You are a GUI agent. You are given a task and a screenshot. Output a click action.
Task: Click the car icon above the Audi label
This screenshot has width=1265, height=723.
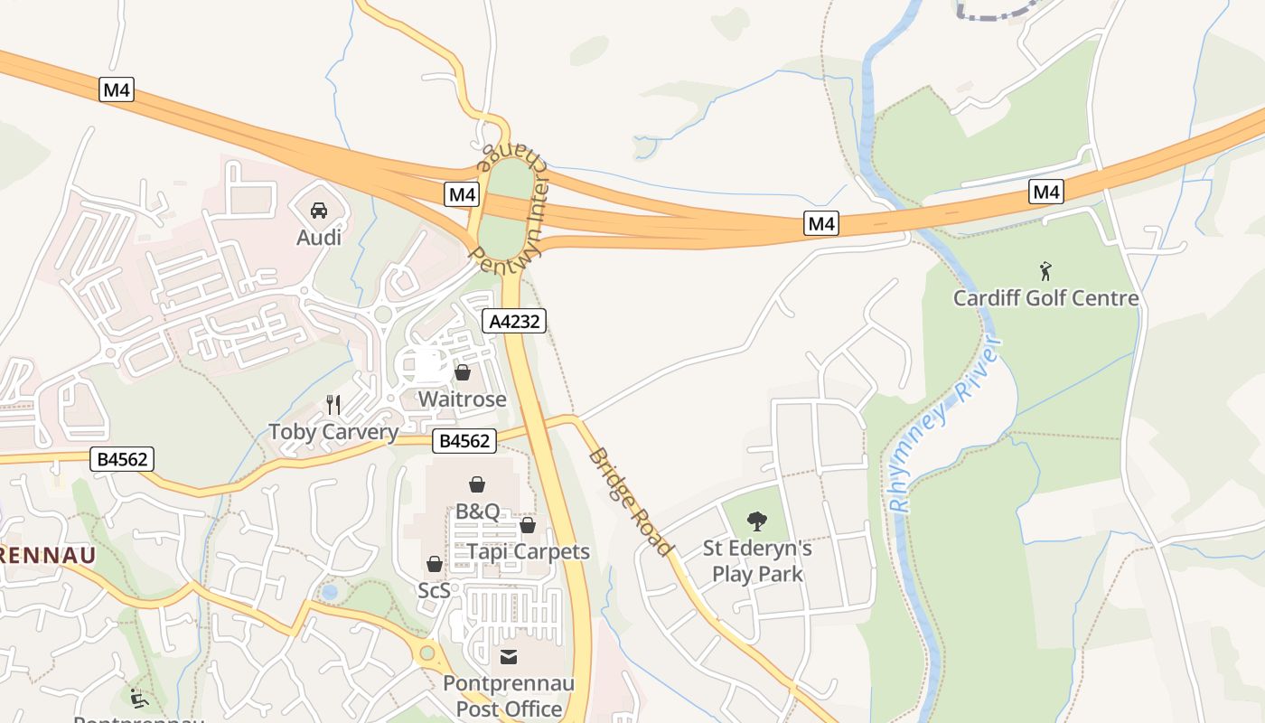pyautogui.click(x=319, y=211)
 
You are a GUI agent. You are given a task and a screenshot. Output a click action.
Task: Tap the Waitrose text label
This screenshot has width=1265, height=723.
pyautogui.click(x=462, y=399)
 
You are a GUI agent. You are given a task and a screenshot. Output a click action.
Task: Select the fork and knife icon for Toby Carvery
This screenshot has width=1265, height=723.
pyautogui.click(x=333, y=404)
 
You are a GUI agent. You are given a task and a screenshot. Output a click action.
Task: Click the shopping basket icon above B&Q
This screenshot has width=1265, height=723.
pyautogui.click(x=477, y=485)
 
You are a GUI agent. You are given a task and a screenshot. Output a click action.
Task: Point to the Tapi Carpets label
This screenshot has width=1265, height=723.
pyautogui.click(x=529, y=551)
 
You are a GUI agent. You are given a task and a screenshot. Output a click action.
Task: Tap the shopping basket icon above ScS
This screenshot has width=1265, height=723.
pyautogui.click(x=435, y=564)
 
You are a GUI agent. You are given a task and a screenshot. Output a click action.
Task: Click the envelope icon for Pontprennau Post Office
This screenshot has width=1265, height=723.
pyautogui.click(x=509, y=656)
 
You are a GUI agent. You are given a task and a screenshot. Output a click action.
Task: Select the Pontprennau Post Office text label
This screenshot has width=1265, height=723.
pyautogui.click(x=509, y=696)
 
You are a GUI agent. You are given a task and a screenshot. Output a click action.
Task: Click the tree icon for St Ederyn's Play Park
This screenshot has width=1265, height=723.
pyautogui.click(x=757, y=521)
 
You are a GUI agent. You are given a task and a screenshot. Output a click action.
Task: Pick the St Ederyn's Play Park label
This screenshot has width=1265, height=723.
pyautogui.click(x=757, y=561)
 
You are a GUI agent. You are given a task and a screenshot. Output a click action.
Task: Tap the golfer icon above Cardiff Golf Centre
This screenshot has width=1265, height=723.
pyautogui.click(x=1045, y=270)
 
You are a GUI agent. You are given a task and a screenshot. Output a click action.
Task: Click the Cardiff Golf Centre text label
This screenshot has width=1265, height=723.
pyautogui.click(x=1045, y=298)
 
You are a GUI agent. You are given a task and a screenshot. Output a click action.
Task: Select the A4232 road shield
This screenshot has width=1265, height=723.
pyautogui.click(x=514, y=321)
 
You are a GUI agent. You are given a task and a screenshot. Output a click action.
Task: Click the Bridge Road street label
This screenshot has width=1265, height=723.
pyautogui.click(x=631, y=502)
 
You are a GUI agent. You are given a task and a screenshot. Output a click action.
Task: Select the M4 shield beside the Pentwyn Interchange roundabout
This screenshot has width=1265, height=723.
pyautogui.click(x=462, y=194)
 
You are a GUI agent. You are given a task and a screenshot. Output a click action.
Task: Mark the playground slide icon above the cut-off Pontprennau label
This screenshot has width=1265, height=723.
pyautogui.click(x=139, y=699)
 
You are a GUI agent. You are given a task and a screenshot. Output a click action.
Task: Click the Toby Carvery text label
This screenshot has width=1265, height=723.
pyautogui.click(x=333, y=432)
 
